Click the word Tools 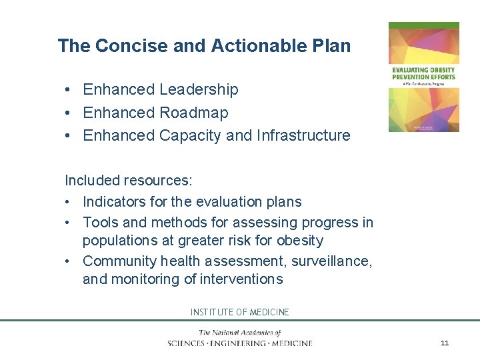click(101, 222)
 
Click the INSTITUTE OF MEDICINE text click(240, 312)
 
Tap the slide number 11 click(445, 343)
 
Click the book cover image click(424, 77)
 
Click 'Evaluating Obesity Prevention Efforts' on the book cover click(424, 73)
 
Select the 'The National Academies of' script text click(239, 333)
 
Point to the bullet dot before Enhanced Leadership click(69, 90)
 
